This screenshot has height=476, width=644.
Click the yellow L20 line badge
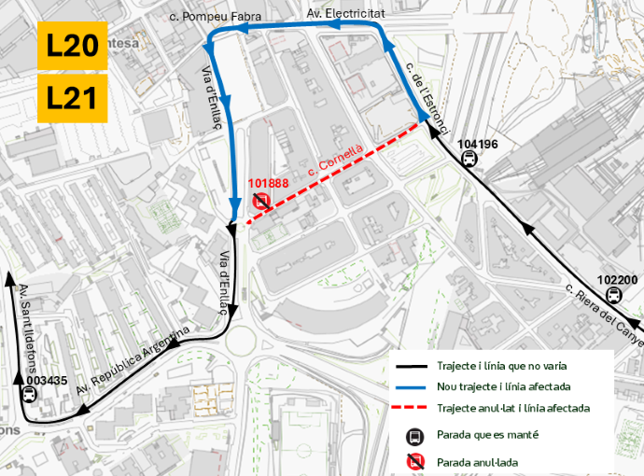pos(72,46)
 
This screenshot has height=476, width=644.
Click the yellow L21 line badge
pos(72,99)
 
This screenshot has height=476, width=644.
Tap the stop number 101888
pos(268,184)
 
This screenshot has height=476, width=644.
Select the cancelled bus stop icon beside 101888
pos(261,200)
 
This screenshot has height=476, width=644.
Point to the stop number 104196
pos(478,144)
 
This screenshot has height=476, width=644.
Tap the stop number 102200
pos(617,279)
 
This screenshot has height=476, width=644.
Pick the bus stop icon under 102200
pos(613,295)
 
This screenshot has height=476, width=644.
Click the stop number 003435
pos(47,381)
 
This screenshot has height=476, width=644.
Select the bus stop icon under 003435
pos(29,394)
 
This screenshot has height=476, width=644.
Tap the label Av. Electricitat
pos(344,13)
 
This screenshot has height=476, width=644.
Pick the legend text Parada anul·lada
pos(478,461)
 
